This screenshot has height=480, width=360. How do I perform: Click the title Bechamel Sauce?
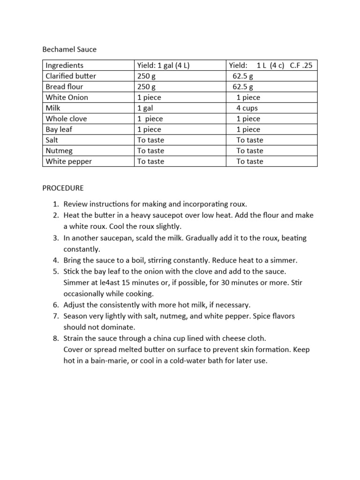pos(69,49)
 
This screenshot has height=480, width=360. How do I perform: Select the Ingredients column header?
pos(64,65)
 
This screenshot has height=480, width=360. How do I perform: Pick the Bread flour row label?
pos(65,87)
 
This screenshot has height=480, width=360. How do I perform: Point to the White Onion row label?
pos(67,97)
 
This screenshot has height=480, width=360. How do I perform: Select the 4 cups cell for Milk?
pos(247,108)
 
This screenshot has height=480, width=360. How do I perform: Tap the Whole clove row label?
pos(66,119)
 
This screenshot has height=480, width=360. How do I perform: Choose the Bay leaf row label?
pos(60,129)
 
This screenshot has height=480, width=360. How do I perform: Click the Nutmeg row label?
pos(59,151)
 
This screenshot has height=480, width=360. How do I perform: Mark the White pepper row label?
pos(68,162)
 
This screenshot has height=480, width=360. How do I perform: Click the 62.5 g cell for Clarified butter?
pos(243,76)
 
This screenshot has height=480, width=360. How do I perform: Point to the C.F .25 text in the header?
pos(301,65)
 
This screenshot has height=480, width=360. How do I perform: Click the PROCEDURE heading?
pos(63,188)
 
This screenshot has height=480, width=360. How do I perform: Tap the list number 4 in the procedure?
pos(55,260)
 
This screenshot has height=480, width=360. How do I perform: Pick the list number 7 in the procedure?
pos(55,316)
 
